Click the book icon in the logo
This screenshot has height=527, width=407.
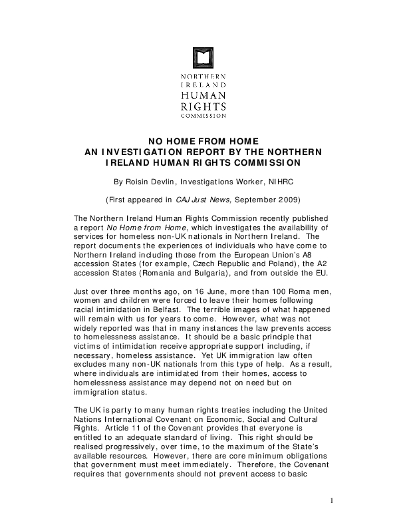tap(203, 58)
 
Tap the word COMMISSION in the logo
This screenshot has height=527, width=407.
tap(203, 115)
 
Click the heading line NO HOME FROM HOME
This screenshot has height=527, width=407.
tap(203, 141)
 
